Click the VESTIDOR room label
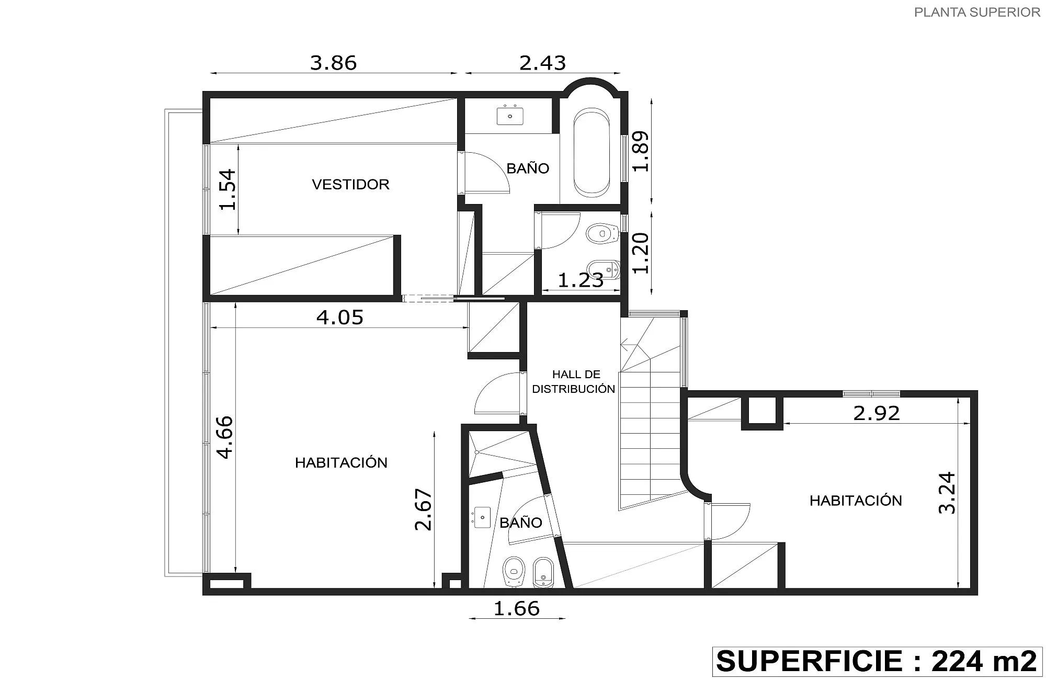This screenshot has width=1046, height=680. coord(350,184)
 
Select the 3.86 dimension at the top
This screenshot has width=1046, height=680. coord(333,63)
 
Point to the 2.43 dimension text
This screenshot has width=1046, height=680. coord(542,63)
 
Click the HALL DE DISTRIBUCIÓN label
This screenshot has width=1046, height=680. coord(574,381)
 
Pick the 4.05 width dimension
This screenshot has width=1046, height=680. coord(340,317)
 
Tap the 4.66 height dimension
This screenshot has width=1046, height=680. coord(225,437)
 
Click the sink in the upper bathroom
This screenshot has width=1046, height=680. coord(510,116)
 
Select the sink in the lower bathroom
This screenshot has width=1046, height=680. coord(482,517)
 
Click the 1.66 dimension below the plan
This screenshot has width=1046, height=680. coord(517,608)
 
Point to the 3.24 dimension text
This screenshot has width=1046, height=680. coord(947,493)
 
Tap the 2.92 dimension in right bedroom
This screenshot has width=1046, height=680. coord(877,413)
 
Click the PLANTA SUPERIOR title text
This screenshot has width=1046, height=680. coord(977,12)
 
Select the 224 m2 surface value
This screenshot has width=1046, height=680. coord(984,661)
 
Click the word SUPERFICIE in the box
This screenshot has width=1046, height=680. coord(810,661)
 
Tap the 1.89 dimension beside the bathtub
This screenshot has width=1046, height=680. coord(641,151)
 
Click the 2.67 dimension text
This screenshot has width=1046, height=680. coord(424,509)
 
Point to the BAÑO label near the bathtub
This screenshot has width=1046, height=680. coord(528,168)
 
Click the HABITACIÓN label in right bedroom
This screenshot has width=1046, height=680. coord(856,501)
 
